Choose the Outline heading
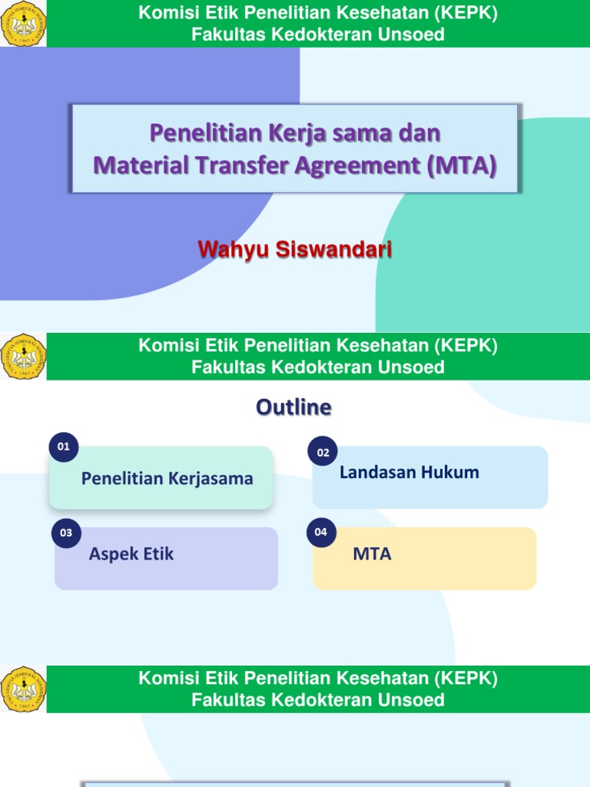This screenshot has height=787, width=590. pyautogui.click(x=294, y=407)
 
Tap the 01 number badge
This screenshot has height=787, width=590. pyautogui.click(x=64, y=447)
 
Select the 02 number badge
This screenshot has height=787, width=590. pyautogui.click(x=323, y=453)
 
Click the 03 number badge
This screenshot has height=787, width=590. pyautogui.click(x=67, y=533)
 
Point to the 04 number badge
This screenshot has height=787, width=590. pyautogui.click(x=320, y=532)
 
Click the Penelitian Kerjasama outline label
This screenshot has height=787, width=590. pyautogui.click(x=167, y=479)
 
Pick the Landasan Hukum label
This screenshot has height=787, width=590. pyautogui.click(x=409, y=473)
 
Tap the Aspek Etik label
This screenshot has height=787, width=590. pyautogui.click(x=131, y=554)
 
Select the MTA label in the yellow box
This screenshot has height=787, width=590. pyautogui.click(x=373, y=554)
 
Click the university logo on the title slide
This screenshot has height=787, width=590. pyautogui.click(x=23, y=24)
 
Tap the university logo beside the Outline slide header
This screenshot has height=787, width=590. pyautogui.click(x=23, y=357)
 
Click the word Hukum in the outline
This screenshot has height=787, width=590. pyautogui.click(x=454, y=473)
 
